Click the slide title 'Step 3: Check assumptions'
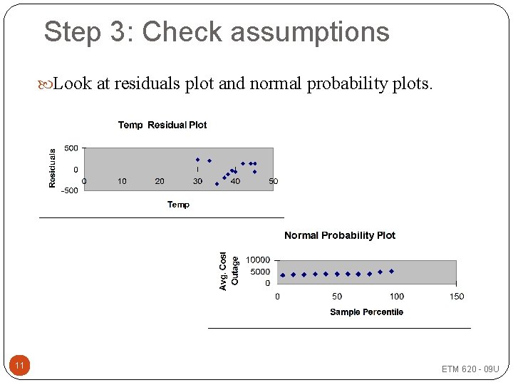(x=217, y=32)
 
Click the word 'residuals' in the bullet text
(x=147, y=84)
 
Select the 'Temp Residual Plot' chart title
(x=162, y=125)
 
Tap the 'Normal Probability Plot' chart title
(x=340, y=236)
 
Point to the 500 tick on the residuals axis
(x=71, y=148)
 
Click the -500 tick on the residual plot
(x=70, y=190)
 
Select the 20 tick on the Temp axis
(x=160, y=181)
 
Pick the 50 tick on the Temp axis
(x=274, y=181)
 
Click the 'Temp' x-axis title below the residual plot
(x=178, y=205)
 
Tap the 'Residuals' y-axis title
(x=52, y=168)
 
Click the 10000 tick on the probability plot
(x=258, y=260)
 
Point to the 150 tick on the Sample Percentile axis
(x=457, y=297)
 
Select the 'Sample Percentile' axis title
(x=366, y=312)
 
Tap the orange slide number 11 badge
(x=20, y=366)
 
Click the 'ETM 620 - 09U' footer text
(x=470, y=369)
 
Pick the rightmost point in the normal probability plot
(x=391, y=271)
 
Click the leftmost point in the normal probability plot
(x=282, y=274)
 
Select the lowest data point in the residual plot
(x=217, y=184)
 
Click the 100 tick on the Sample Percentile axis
(x=396, y=297)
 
